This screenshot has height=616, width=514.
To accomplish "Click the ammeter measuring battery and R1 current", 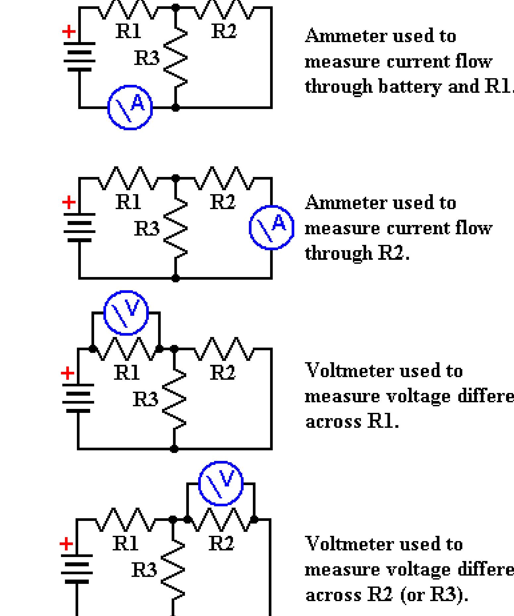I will coord(130,107).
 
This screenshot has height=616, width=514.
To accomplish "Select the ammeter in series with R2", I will coord(271,228).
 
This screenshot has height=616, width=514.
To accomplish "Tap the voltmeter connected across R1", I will coord(126,313).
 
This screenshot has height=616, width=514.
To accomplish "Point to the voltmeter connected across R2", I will coord(221,483).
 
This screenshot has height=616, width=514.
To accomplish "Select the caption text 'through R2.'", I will coord(357,253).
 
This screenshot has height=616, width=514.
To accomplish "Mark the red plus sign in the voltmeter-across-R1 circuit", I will coord(68,373).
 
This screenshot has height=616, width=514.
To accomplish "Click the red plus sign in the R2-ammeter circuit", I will coord(69,202).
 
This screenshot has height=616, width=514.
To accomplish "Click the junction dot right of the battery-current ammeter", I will coord(176,107).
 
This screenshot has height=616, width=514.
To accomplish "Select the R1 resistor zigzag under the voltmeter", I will coord(126,349).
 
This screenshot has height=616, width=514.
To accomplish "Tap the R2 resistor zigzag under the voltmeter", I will coord(221,519).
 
